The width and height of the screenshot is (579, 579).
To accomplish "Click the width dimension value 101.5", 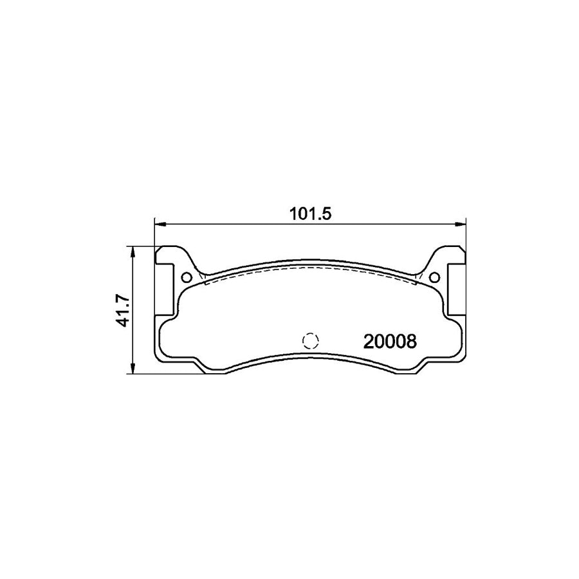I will (310, 215).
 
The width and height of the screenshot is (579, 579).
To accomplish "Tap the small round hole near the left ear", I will (187, 278).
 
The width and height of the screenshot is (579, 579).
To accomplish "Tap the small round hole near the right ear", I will (434, 278).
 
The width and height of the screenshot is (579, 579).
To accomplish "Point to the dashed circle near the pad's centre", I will (311, 341).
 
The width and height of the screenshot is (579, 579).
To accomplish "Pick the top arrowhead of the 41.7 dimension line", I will (133, 251).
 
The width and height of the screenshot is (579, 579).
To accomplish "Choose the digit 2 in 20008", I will (370, 342).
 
